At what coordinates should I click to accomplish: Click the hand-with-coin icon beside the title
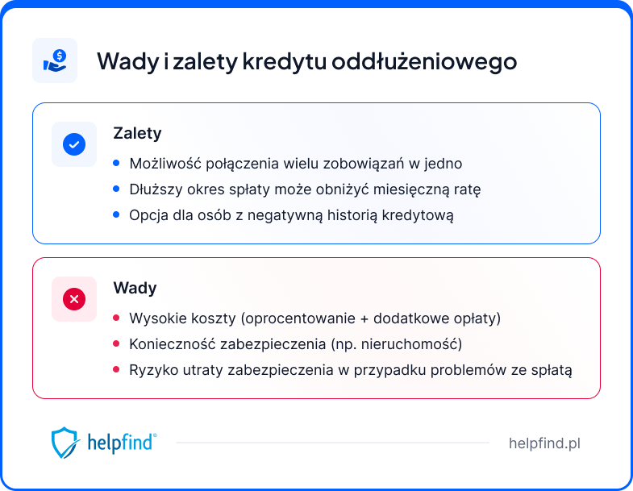pos(55,60)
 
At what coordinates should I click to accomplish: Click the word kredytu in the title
pos(281,61)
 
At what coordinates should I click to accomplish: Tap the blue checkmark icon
pos(74,144)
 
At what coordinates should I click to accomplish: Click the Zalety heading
pos(137,134)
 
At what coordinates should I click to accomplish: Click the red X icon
pos(74,299)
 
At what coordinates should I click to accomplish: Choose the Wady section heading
pos(135,288)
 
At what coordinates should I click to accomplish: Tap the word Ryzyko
pos(152,370)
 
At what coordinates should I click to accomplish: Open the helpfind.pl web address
pos(544,443)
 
